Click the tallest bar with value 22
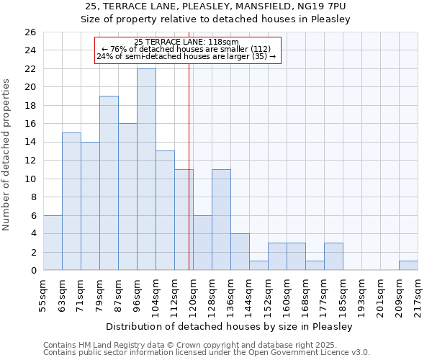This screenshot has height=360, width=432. tap(146, 169)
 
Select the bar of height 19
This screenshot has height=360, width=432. tap(109, 183)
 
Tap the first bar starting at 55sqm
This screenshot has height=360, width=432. tap(53, 243)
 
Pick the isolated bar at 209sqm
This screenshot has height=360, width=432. tap(408, 266)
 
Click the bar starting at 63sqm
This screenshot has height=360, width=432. tap(71, 202)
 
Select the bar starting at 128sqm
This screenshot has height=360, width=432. tap(221, 220)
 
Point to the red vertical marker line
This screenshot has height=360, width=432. tap(189, 180)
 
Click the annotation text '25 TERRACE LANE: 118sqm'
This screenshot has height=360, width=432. tap(186, 42)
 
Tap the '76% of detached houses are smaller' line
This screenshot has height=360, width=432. tap(186, 49)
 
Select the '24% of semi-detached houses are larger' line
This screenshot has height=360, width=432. tap(186, 56)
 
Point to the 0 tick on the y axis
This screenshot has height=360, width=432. tap(32, 271)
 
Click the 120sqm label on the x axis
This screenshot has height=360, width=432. tap(193, 294)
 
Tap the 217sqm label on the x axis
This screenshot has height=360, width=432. tap(418, 294)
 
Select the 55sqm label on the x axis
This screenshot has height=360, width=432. tap(43, 294)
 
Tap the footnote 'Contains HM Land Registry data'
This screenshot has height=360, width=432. tap(108, 345)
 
